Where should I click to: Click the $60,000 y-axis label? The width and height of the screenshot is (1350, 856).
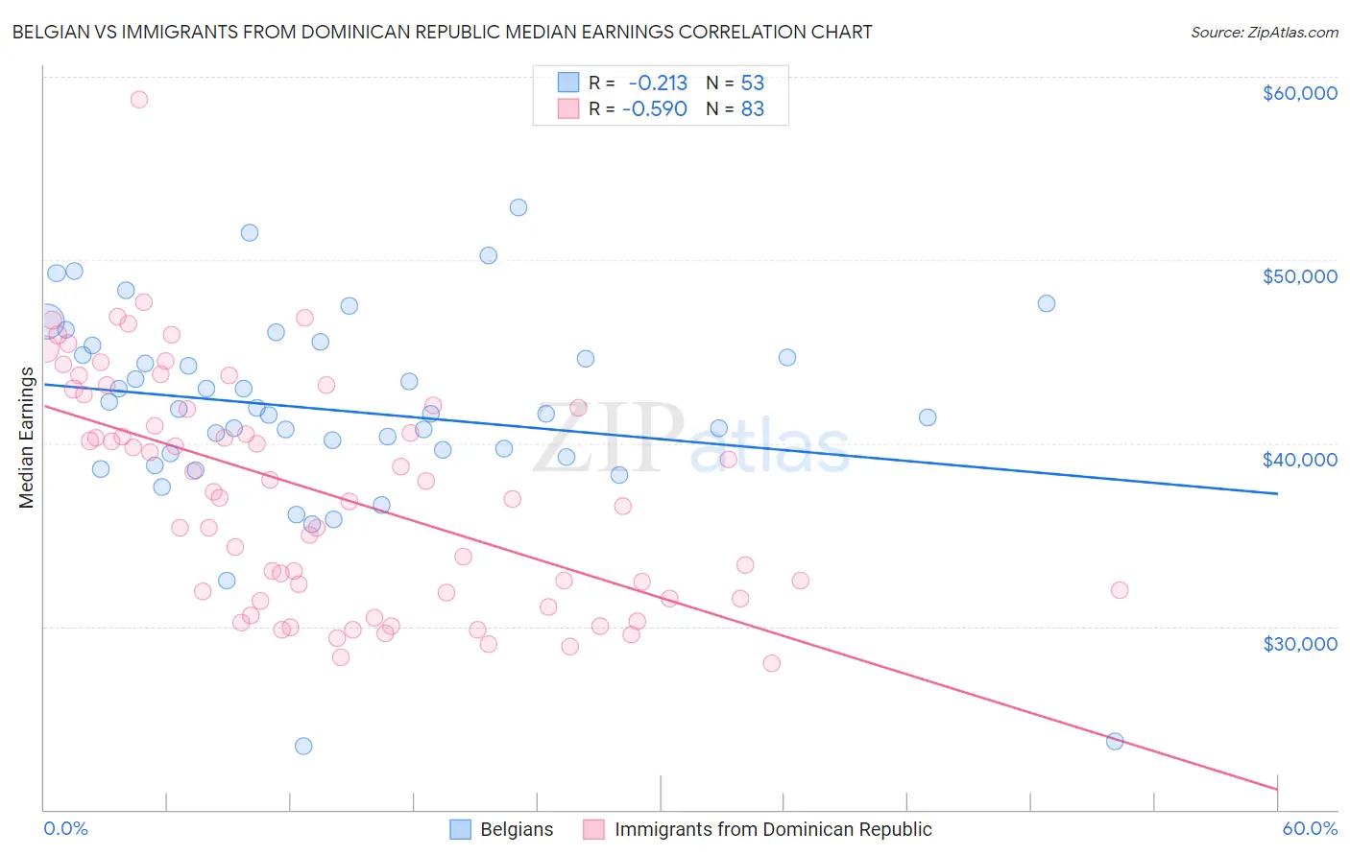pos(1299,93)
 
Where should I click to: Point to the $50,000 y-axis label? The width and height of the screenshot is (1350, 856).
pos(1299,276)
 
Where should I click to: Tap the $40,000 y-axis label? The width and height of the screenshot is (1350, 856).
pos(1299,460)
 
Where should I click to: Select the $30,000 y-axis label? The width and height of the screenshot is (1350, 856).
pos(1299,643)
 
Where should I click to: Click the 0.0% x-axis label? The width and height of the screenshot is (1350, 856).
pos(65,828)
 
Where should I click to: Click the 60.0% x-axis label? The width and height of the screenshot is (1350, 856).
pos(1310,828)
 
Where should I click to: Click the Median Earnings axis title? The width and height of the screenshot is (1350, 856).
pos(26,438)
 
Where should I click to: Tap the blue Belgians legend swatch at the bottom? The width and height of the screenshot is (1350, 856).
pos(461,829)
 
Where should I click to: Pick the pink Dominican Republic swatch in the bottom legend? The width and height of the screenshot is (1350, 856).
pos(594,829)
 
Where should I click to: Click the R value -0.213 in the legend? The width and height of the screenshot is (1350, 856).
pos(658,83)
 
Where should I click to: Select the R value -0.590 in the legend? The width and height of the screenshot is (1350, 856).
pos(655,109)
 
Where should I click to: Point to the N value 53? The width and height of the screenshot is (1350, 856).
pos(753,83)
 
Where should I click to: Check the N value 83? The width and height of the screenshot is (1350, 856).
pos(753,109)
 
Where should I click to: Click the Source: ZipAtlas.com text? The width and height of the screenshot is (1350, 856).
pos(1264,33)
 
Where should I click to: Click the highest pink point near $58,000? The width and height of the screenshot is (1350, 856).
pos(139,100)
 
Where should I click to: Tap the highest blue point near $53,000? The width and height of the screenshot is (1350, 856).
pos(518,207)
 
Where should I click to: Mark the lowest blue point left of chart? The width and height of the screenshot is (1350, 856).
pos(303,746)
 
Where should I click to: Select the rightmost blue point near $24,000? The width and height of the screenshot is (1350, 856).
pos(1115,741)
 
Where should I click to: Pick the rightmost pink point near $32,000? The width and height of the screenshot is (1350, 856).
pos(1120,590)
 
